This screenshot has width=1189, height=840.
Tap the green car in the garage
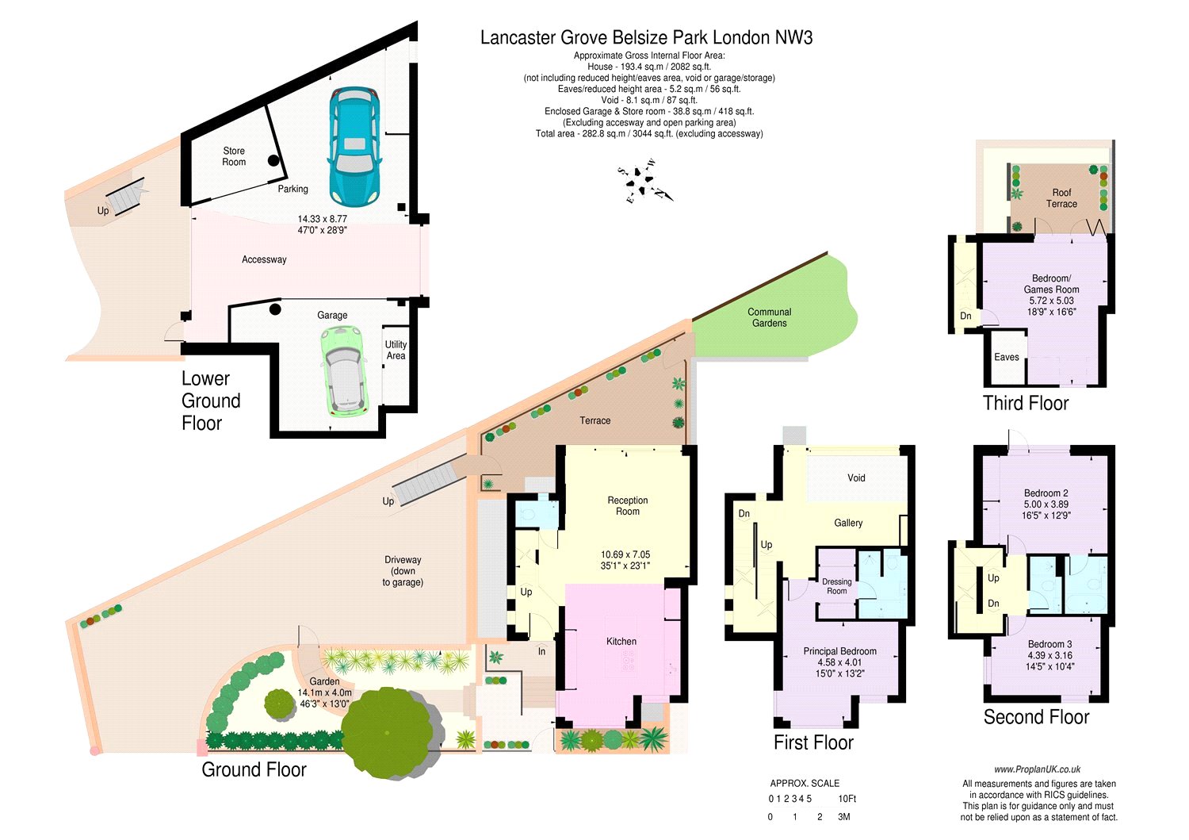[344, 370]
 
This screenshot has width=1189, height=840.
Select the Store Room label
[234, 156]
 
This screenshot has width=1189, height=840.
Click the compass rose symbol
[645, 182]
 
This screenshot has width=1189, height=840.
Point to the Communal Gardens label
[769, 317]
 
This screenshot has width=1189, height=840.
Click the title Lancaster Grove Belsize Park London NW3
[646, 37]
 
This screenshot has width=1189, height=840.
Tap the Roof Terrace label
[1061, 198]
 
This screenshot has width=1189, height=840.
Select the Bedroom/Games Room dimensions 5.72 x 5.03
[1051, 301]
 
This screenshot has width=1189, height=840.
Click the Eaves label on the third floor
[1007, 357]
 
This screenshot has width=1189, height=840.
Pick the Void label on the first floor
[856, 478]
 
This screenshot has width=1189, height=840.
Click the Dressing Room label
[837, 586]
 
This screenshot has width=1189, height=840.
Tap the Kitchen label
[621, 641]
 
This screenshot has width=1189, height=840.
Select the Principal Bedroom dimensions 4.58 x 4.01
[839, 662]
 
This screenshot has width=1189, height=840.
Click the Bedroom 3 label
[1050, 644]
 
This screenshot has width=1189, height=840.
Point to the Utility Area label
[396, 350]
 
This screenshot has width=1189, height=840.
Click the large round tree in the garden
[388, 731]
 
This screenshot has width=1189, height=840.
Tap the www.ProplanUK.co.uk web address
[1037, 769]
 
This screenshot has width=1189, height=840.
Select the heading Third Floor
[1026, 403]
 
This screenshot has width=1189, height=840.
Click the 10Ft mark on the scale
[847, 799]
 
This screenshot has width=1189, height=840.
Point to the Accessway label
[264, 259]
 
